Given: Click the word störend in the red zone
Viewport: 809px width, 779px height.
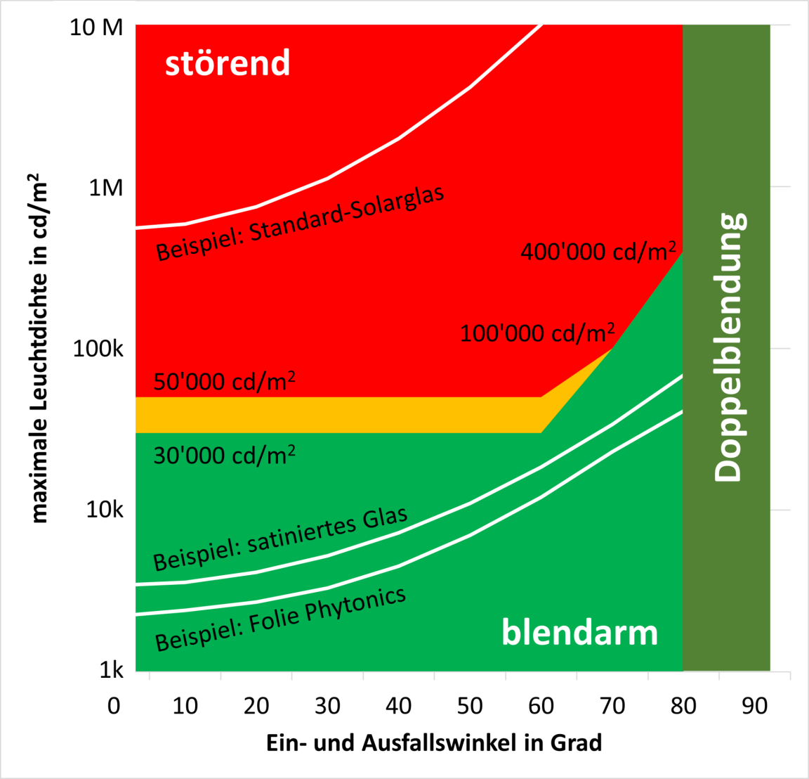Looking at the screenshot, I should (x=227, y=63).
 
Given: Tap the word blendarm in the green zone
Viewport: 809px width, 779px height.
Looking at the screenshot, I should (x=579, y=633).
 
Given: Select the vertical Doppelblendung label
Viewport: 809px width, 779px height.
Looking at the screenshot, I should (x=728, y=347).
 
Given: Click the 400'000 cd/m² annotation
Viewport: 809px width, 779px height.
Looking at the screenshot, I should (x=598, y=251).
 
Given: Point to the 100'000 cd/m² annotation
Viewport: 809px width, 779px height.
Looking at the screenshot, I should (x=537, y=333).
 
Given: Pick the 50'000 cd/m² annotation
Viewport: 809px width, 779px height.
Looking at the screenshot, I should (x=224, y=382).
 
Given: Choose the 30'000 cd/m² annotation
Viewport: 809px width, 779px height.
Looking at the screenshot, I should (x=224, y=456).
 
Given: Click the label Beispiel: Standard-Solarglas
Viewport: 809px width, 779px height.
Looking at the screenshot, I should (x=300, y=223).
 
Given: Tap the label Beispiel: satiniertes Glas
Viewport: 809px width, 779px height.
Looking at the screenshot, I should (x=280, y=539).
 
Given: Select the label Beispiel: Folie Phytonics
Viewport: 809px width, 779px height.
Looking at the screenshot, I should (x=280, y=619).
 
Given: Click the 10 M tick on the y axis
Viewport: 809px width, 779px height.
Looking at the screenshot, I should (x=96, y=27).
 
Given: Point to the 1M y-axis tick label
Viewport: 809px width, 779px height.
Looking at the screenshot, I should (x=105, y=188).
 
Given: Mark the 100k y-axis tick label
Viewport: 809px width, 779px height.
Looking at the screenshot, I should (x=98, y=348).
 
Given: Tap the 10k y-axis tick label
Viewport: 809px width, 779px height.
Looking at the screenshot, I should (x=104, y=509).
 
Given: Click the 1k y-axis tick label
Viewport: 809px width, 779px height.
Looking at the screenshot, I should (x=111, y=670).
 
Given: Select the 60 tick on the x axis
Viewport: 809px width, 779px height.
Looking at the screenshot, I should (x=541, y=705).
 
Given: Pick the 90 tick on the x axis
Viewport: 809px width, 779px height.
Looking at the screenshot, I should (x=754, y=705).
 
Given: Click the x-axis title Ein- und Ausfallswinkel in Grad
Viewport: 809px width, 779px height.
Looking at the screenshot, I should (x=434, y=742).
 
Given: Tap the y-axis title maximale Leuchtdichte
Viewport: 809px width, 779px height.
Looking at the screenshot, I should (x=40, y=349).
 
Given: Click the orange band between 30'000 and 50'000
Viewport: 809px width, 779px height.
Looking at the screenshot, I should (x=337, y=415).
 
